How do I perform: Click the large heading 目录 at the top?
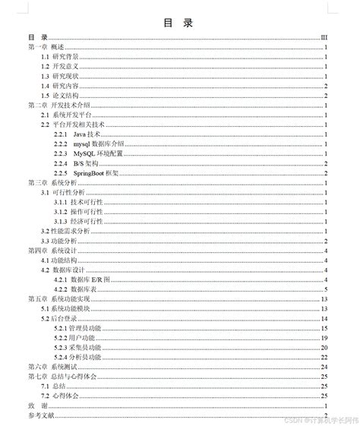(178, 22)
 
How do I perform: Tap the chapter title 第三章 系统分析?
(53, 183)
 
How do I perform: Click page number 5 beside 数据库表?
(325, 289)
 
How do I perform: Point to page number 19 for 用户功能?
(324, 338)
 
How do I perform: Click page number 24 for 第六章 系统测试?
(324, 367)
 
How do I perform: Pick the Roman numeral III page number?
(324, 37)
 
